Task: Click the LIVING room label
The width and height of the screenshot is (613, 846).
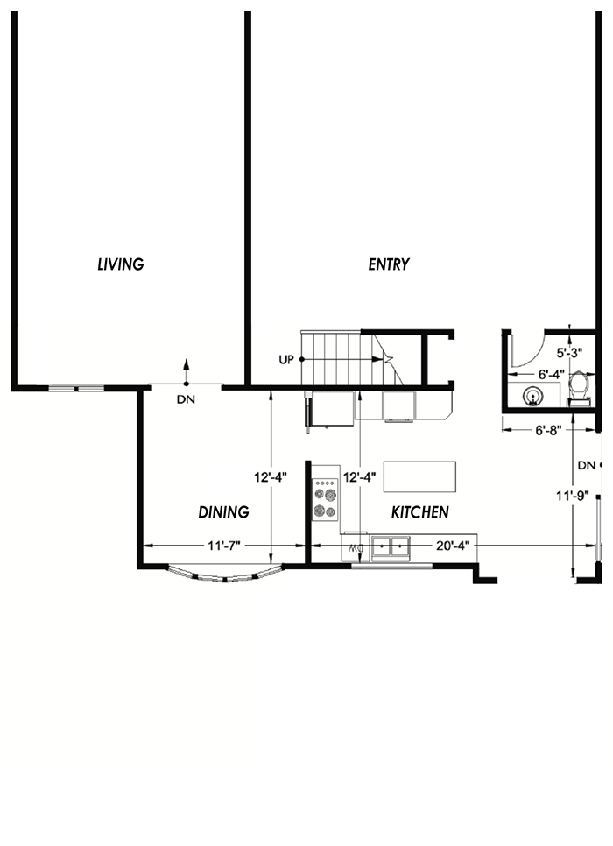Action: click(x=120, y=264)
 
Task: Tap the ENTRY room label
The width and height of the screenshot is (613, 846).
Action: click(x=389, y=264)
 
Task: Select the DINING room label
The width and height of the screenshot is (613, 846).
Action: click(x=223, y=512)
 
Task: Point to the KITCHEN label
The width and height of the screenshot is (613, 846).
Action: click(x=420, y=512)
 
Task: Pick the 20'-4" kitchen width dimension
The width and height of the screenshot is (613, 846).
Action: click(x=453, y=546)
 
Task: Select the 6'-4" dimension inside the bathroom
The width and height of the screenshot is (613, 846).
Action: click(x=550, y=374)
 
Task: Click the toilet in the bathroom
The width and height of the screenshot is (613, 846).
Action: click(x=578, y=388)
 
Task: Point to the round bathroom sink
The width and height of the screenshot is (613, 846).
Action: click(x=532, y=395)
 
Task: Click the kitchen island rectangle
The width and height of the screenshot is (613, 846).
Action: click(x=420, y=477)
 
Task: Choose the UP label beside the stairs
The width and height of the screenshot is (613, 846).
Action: click(x=285, y=360)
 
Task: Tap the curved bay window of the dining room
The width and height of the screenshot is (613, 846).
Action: click(x=224, y=575)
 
